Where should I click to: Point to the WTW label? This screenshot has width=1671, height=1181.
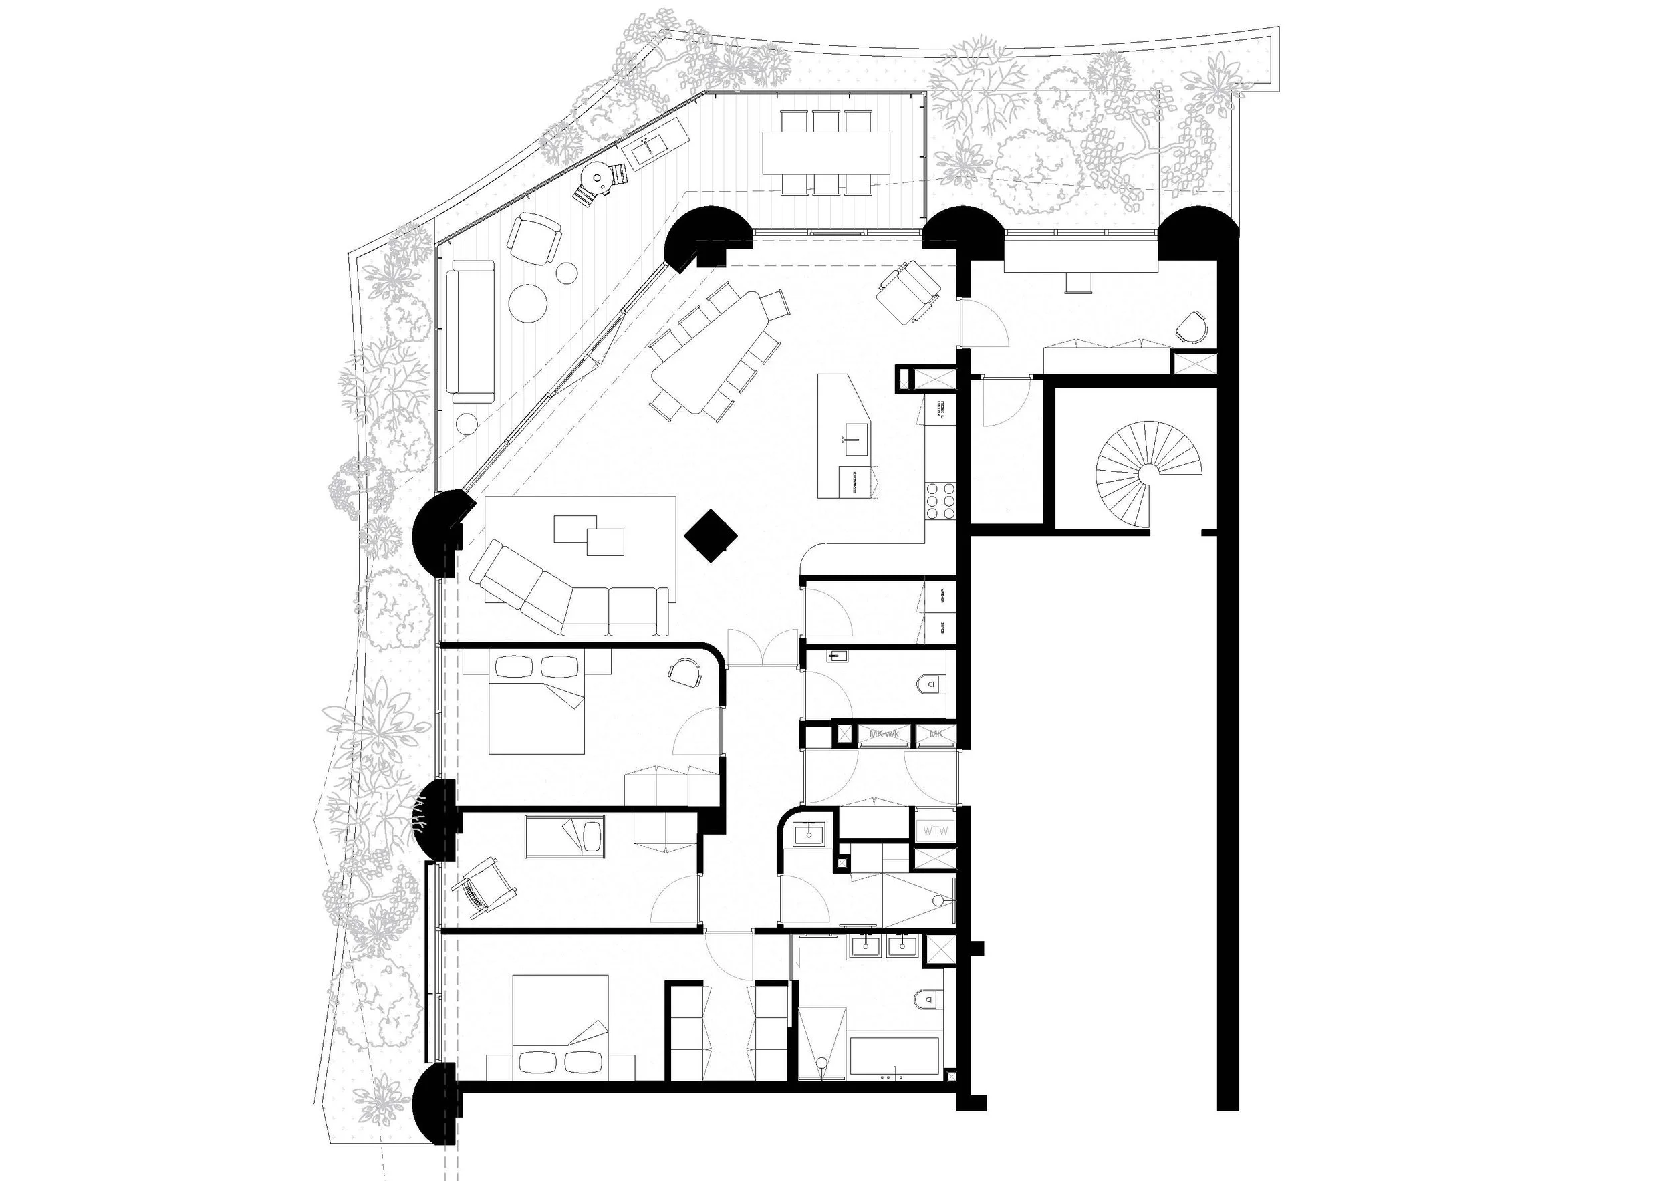pyautogui.click(x=934, y=830)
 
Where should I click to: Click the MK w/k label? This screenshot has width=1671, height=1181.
pyautogui.click(x=884, y=735)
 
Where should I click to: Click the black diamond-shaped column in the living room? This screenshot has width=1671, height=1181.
pyautogui.click(x=711, y=537)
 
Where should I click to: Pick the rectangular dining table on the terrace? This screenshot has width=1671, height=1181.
pyautogui.click(x=826, y=152)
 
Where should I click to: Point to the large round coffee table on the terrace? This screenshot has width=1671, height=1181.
pyautogui.click(x=527, y=302)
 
